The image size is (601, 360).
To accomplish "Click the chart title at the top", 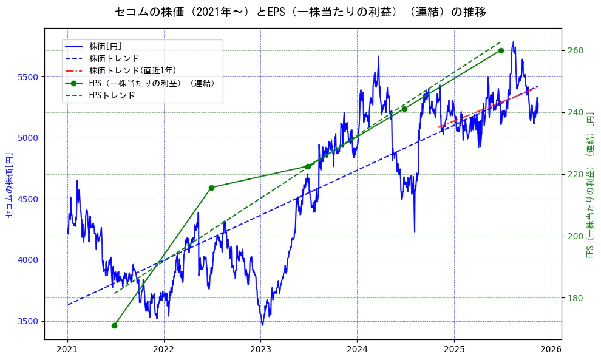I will click(x=300, y=12).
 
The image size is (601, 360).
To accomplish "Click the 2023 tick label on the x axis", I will click(x=260, y=349).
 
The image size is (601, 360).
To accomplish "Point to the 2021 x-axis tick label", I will click(x=67, y=349).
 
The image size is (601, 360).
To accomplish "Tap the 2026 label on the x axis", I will click(x=550, y=349).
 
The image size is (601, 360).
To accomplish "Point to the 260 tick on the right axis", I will click(x=575, y=50).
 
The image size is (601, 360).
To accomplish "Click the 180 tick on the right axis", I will click(x=575, y=297).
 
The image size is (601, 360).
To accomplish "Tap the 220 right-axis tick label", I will click(x=575, y=174).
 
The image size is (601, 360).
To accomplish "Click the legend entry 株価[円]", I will click(x=109, y=46).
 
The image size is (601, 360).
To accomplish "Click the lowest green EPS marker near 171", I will click(x=114, y=325).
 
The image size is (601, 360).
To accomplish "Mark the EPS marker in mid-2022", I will click(x=211, y=188).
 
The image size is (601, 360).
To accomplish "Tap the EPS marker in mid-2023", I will click(x=308, y=166).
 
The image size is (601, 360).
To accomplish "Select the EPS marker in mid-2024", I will click(x=404, y=109).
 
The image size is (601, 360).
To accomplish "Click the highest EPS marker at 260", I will click(x=501, y=50).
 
